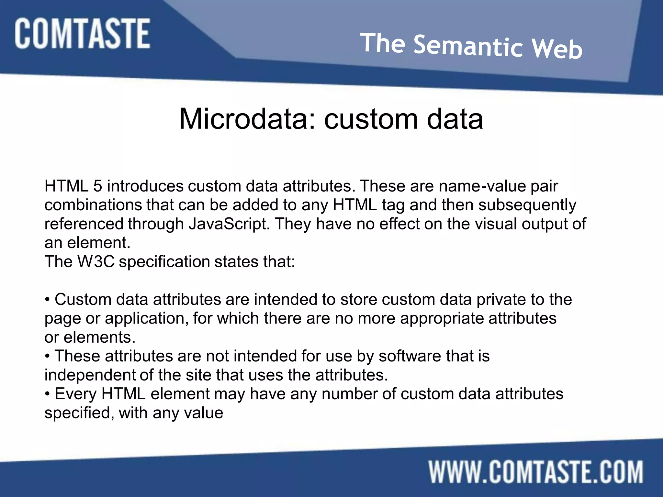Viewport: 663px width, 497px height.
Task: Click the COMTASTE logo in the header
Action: [x=82, y=34]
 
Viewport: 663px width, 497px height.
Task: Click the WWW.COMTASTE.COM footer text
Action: [x=536, y=472]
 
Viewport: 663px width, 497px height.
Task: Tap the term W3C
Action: [x=96, y=261]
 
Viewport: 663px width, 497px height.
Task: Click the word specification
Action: [x=164, y=261]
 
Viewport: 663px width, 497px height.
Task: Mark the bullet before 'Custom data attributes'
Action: [x=48, y=300]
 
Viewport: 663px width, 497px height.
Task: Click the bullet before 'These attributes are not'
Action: [x=48, y=356]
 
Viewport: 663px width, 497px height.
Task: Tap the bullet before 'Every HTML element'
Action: [x=48, y=394]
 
